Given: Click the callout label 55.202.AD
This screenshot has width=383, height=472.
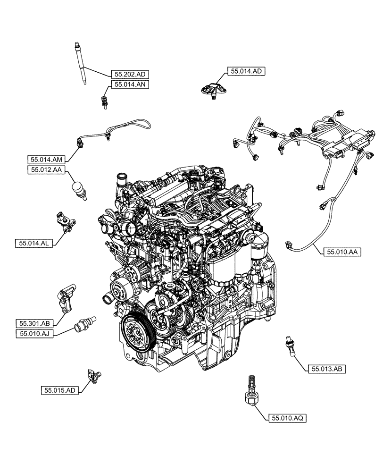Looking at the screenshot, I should [130, 74].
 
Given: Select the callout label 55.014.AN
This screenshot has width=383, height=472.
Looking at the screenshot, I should [130, 84].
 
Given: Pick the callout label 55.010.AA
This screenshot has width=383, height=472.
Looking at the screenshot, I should [342, 252].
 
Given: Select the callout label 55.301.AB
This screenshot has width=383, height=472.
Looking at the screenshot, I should [35, 323].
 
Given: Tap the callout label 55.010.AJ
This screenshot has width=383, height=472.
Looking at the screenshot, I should [35, 334].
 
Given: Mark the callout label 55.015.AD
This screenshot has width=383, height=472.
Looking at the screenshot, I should [60, 390].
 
